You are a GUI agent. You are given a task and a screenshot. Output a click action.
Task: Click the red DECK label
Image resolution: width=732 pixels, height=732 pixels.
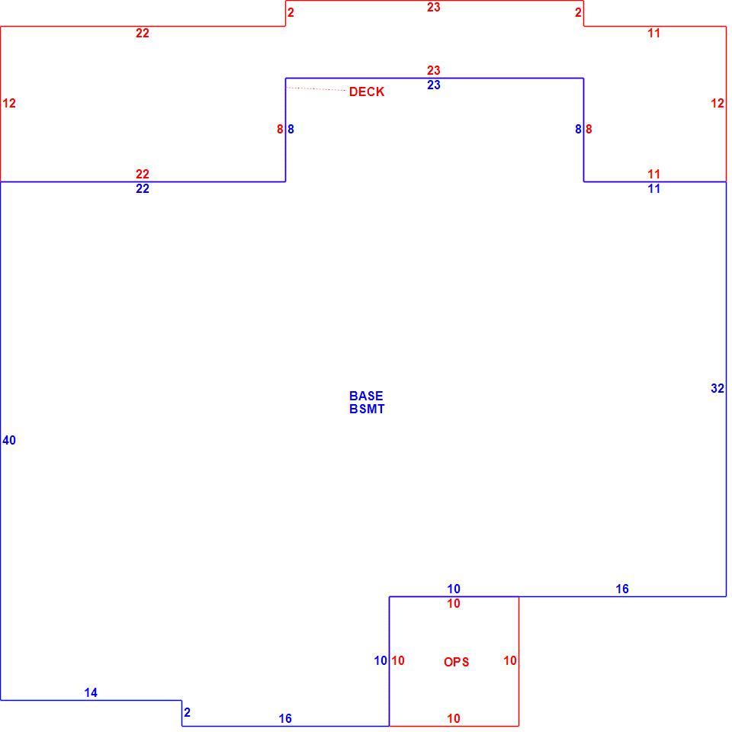pyautogui.click(x=367, y=91)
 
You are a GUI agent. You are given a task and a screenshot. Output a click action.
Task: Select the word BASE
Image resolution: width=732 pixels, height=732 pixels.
pyautogui.click(x=366, y=396)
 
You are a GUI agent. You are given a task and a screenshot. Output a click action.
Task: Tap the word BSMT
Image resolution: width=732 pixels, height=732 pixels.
pyautogui.click(x=367, y=409)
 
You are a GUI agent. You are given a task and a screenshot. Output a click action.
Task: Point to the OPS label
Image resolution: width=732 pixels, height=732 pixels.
pyautogui.click(x=456, y=662)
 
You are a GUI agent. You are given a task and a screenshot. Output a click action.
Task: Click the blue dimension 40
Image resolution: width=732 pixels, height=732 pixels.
pyautogui.click(x=9, y=440)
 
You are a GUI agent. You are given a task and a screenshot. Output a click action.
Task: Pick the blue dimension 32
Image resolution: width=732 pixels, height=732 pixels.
pyautogui.click(x=718, y=388)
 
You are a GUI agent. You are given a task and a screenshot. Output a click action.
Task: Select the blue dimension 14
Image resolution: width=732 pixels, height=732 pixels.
pyautogui.click(x=91, y=692)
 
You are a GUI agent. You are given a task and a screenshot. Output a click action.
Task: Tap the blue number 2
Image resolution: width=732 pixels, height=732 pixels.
pyautogui.click(x=188, y=712)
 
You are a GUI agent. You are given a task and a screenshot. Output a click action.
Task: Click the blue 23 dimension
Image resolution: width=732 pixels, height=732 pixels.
pyautogui.click(x=434, y=85)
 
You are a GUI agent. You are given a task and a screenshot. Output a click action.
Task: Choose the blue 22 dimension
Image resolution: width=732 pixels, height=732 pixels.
pyautogui.click(x=143, y=188)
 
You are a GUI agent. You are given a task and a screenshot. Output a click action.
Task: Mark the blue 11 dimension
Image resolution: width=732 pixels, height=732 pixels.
pyautogui.click(x=654, y=188)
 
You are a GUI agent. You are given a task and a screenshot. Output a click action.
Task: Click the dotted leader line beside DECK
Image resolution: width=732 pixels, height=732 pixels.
pyautogui.click(x=316, y=88)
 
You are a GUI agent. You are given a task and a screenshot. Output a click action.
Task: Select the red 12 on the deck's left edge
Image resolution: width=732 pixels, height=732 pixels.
pyautogui.click(x=9, y=103)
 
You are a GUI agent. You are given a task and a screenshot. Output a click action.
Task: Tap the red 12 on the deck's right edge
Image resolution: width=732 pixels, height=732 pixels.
pyautogui.click(x=718, y=103)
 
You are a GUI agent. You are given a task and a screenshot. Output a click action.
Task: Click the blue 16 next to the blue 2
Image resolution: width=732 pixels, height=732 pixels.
pyautogui.click(x=285, y=718)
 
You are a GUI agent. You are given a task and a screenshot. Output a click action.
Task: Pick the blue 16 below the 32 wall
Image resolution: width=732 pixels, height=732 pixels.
pyautogui.click(x=622, y=589)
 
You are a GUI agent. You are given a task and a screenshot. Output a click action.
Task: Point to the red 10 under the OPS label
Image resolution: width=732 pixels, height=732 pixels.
pyautogui.click(x=454, y=718)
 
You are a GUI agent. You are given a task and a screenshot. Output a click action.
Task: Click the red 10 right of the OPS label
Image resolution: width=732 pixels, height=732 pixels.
pyautogui.click(x=510, y=660)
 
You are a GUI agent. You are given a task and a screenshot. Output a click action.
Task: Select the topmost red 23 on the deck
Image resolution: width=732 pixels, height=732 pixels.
pyautogui.click(x=434, y=7)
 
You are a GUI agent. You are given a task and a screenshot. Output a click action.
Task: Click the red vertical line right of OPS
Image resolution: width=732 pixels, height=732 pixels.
pyautogui.click(x=518, y=661)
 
